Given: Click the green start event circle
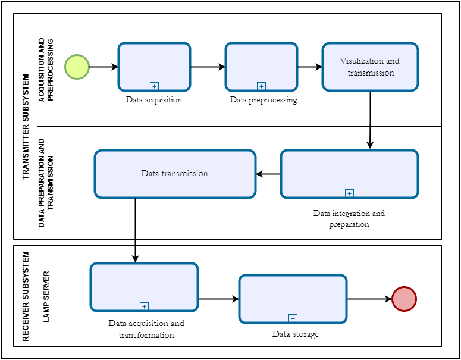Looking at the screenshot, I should point(77,67).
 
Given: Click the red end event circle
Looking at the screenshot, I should point(404,299).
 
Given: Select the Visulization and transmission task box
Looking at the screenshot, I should point(370,67).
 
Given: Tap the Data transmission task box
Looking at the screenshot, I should point(175,174).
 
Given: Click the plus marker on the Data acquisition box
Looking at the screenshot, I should point(155,86).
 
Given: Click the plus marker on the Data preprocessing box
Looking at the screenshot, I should point(261,86).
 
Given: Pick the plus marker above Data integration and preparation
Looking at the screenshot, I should point(349,193).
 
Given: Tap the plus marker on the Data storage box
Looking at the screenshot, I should point(293,318).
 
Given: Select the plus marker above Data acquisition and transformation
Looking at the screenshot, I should point(144,306).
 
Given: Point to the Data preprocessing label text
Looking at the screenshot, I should point(263,100).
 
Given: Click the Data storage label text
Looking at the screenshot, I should point(295,334).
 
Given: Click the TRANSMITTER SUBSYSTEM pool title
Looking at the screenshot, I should point(25,126).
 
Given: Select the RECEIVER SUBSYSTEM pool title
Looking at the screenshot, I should point(25,296).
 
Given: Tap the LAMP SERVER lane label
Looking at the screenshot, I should point(46,296).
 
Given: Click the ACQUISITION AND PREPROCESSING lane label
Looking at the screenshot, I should point(46,70).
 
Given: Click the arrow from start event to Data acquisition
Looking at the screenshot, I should point(104,67).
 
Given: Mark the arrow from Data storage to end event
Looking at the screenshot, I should point(369,299).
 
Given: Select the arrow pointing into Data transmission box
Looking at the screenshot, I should point(268,174).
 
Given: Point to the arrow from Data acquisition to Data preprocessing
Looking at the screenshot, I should point(208,67).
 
